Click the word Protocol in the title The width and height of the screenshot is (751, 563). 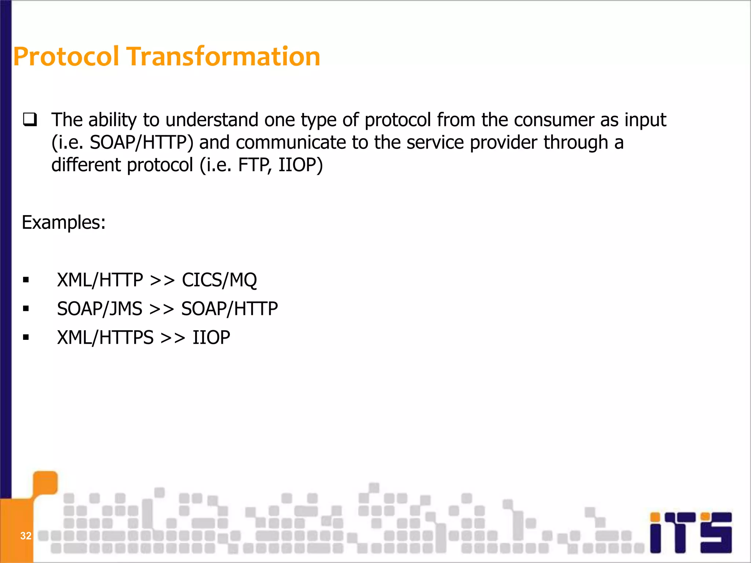[x=66, y=57]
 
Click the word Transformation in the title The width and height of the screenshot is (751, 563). [x=223, y=57]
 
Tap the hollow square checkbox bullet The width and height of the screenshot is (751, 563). [x=30, y=120]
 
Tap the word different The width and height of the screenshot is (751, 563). [x=86, y=165]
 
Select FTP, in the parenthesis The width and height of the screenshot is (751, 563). [x=255, y=165]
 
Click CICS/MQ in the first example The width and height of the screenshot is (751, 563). [x=219, y=280]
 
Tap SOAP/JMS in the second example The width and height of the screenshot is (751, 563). [x=99, y=309]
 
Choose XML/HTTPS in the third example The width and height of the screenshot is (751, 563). [x=105, y=338]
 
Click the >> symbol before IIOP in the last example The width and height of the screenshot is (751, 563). [x=173, y=338]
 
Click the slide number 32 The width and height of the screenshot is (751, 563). [x=26, y=536]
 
